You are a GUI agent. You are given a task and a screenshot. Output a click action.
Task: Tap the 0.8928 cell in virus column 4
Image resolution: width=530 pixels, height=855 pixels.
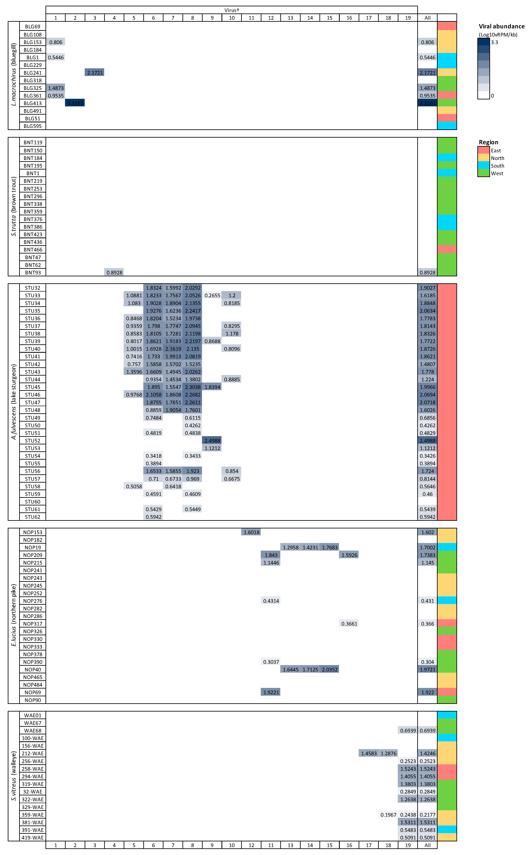[114, 272]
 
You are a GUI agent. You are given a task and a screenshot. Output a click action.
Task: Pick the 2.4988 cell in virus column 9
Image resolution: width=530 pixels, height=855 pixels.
[212, 441]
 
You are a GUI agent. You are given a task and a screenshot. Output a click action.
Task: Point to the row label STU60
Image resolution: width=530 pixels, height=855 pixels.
[33, 502]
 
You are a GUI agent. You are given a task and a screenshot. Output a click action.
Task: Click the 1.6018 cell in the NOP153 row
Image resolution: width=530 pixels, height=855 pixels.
[251, 532]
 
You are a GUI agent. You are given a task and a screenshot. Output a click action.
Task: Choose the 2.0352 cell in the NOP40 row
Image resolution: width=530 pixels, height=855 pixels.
[329, 670]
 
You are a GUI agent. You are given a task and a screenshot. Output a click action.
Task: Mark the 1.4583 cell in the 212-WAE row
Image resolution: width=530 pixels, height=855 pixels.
[369, 753]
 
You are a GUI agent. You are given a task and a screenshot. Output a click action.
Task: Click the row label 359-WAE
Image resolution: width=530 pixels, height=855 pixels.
[33, 815]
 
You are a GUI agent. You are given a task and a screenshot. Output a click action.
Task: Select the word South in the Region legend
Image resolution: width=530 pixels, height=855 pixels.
[497, 166]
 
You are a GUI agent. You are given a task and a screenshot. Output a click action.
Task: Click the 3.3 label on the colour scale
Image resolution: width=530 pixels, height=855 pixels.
[494, 42]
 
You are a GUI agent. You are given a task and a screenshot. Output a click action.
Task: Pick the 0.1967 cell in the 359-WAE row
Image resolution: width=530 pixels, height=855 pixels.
[388, 815]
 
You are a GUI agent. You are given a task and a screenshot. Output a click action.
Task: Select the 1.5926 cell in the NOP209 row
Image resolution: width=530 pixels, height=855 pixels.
[349, 555]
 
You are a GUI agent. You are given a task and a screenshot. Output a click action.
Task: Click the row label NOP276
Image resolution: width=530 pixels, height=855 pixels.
[33, 601]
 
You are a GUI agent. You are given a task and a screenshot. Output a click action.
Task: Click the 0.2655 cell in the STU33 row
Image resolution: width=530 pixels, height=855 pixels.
[212, 296]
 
